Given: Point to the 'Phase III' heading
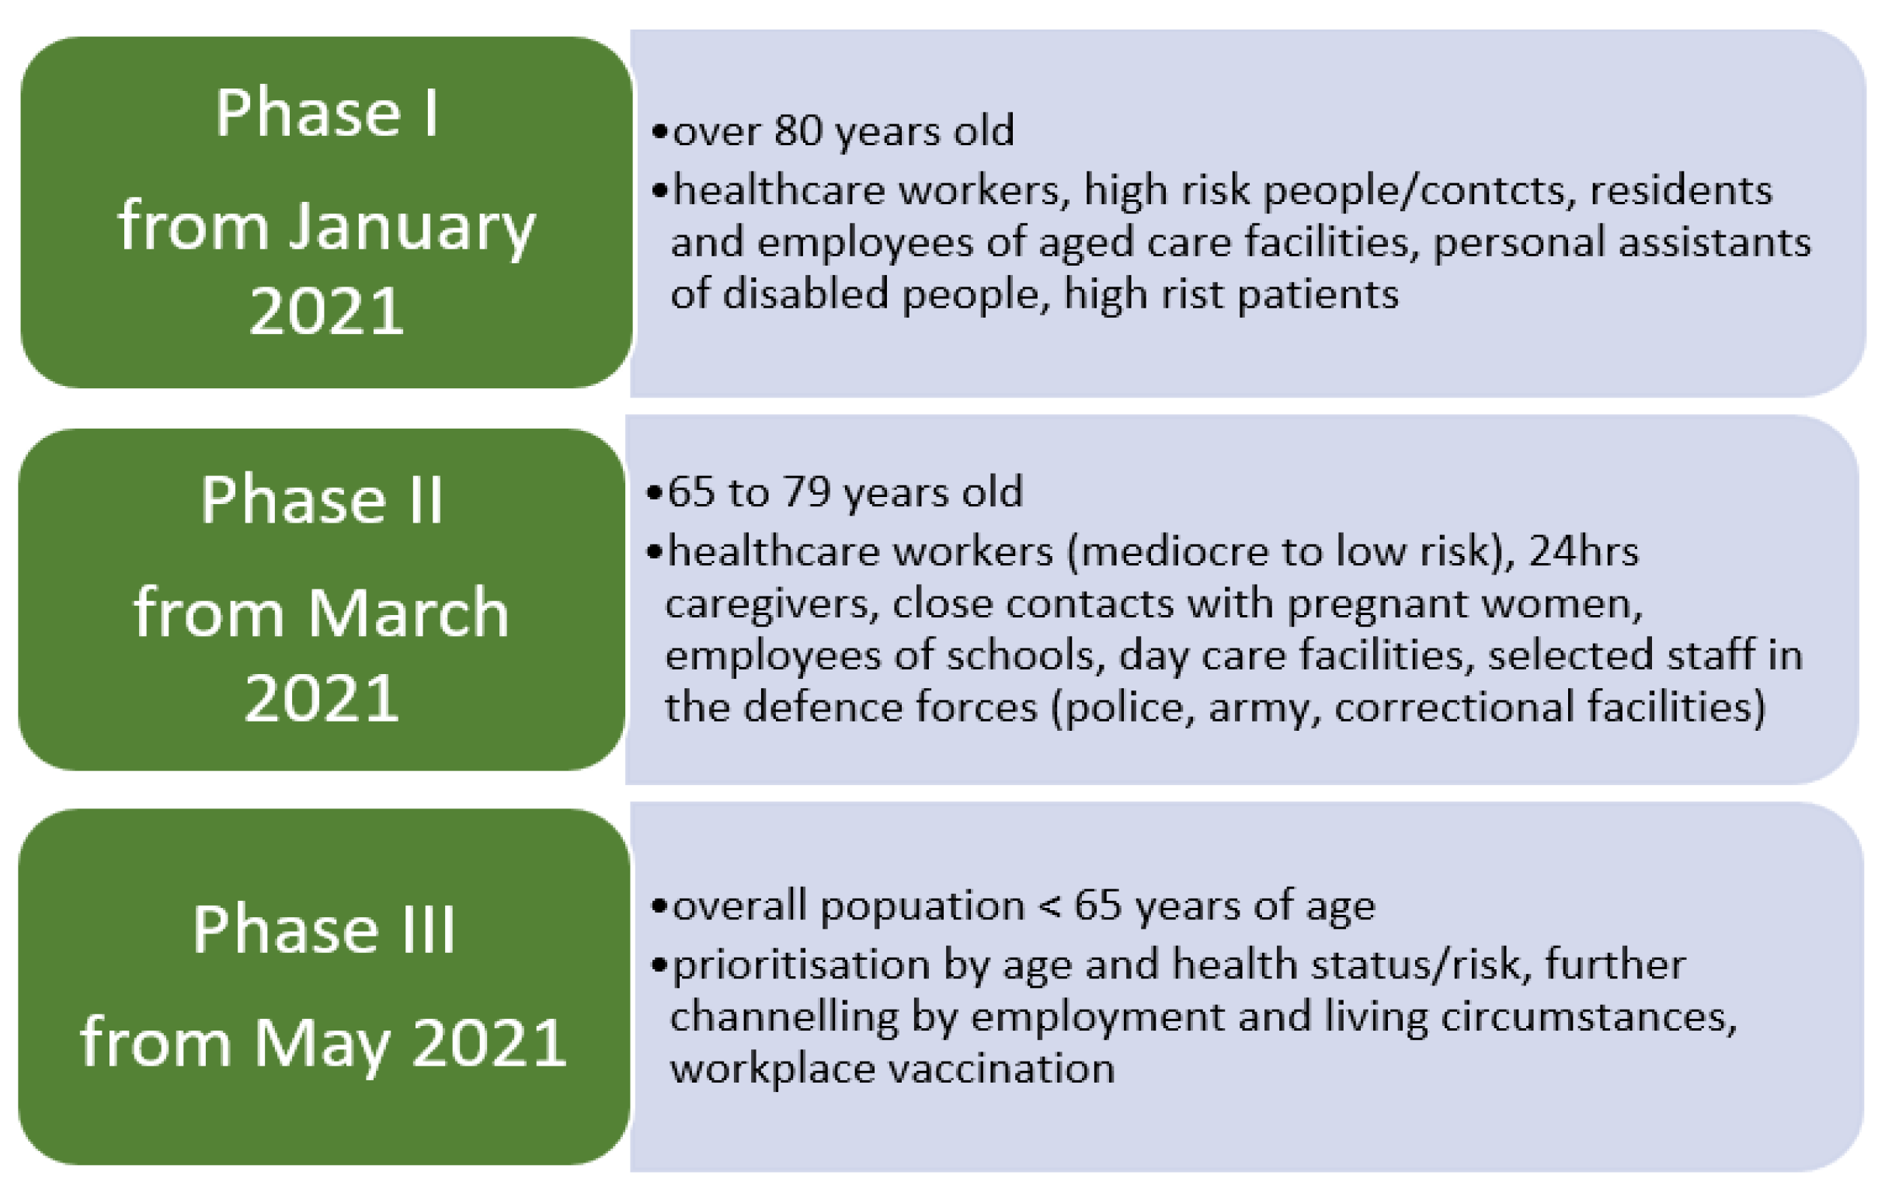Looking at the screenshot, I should [x=323, y=929].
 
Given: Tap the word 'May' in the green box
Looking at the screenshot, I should [x=321, y=1045].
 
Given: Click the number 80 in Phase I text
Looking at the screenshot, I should [x=798, y=130].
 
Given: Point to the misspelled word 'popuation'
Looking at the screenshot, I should [x=922, y=906].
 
